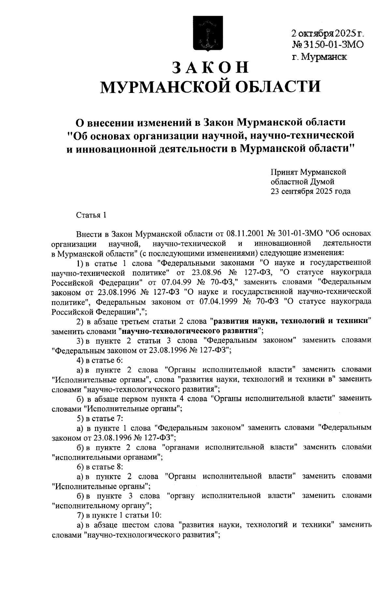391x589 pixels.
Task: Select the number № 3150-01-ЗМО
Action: coord(327,45)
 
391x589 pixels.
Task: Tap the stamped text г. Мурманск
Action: coord(319,57)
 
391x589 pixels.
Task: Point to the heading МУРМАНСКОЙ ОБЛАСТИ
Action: coord(210,87)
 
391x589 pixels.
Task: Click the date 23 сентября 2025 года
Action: coord(311,191)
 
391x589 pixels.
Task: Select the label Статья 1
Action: coord(91,215)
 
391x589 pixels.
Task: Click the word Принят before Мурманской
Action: coord(284,172)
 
